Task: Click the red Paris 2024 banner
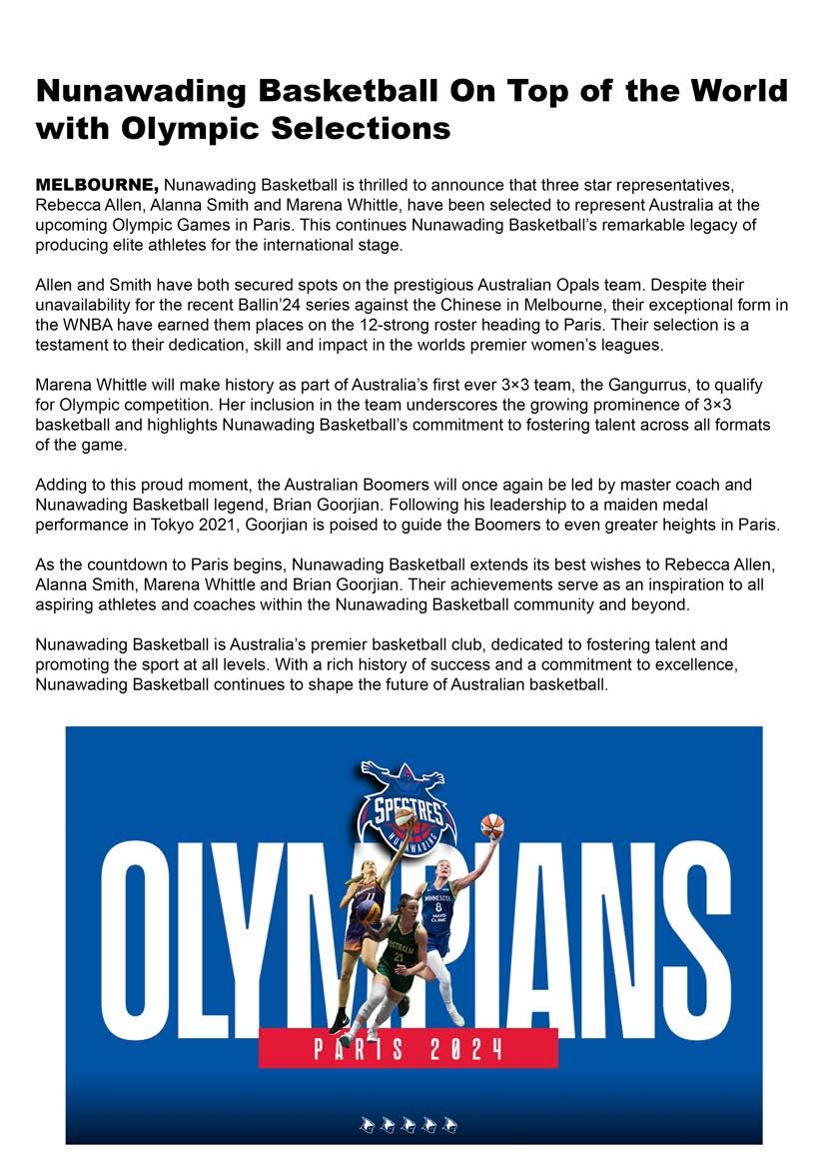pos(407,1048)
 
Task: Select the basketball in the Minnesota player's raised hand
pos(491,826)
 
